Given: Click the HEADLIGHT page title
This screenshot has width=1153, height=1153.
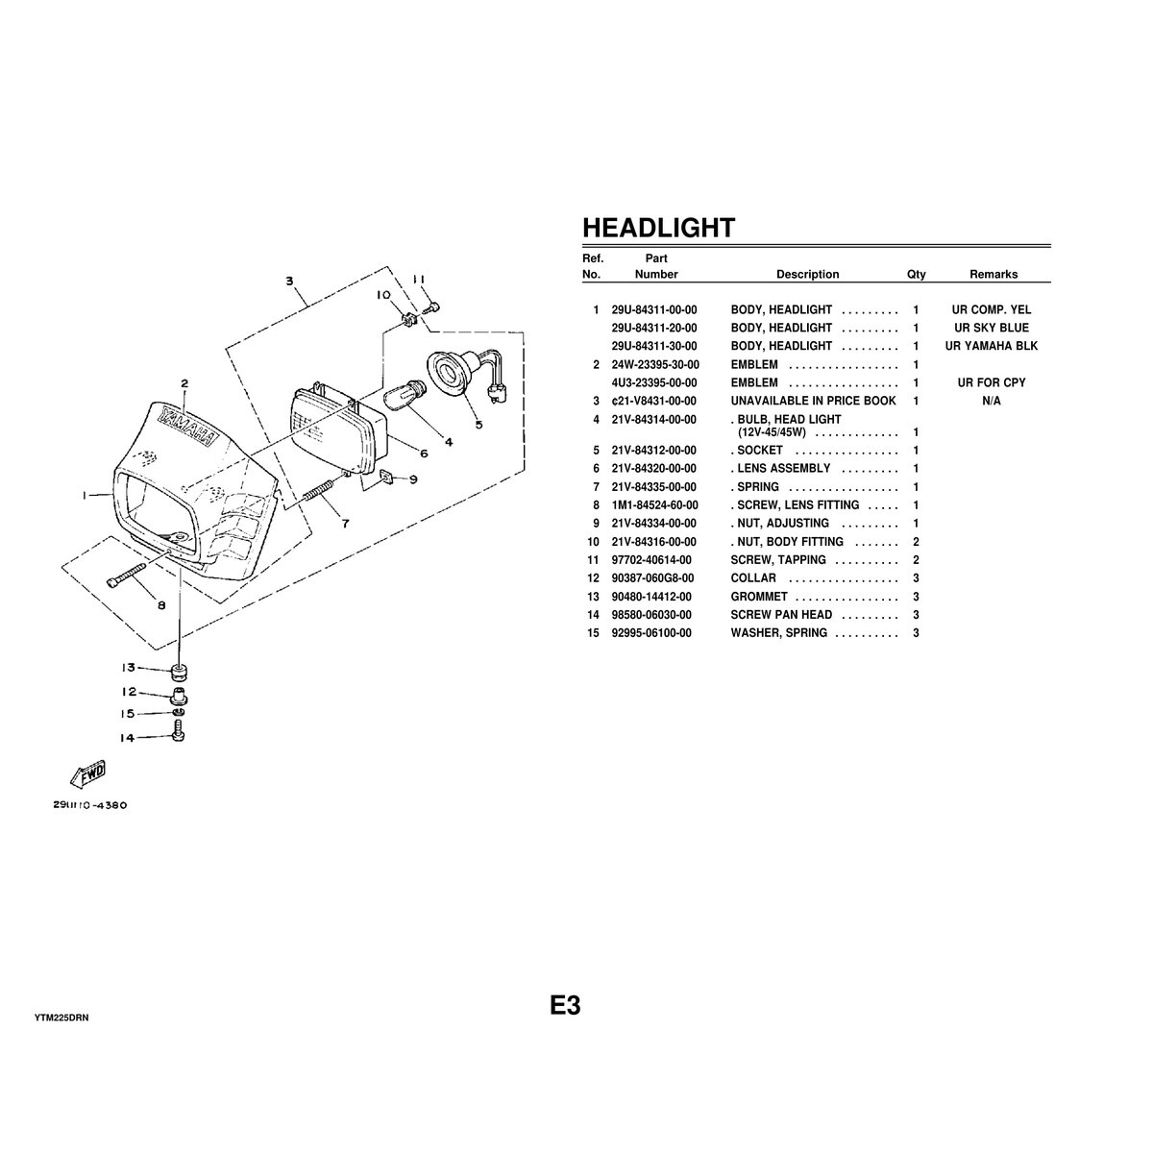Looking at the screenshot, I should (658, 228).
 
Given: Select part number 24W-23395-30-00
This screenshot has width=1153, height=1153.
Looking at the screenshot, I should (654, 365).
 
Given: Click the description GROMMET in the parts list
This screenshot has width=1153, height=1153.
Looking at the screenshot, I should (759, 597).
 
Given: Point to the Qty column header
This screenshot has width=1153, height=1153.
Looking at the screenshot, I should (916, 275).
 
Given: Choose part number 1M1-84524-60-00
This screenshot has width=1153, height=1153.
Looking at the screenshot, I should (654, 505).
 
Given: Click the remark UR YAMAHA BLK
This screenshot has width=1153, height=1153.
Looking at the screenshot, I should (993, 347).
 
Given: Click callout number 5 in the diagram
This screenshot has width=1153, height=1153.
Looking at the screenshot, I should (478, 423).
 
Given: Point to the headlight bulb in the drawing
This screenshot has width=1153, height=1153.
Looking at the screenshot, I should (401, 395).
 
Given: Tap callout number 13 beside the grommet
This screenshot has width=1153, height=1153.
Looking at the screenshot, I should (127, 668).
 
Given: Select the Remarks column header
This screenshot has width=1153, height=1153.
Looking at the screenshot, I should (993, 275).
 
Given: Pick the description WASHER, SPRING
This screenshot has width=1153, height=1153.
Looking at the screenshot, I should (778, 633).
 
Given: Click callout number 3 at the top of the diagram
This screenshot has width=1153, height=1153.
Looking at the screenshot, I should (289, 282).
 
